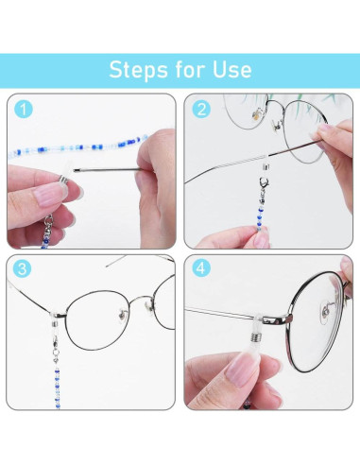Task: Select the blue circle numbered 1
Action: click(x=23, y=110)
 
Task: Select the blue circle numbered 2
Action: click(x=201, y=110)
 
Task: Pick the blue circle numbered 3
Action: click(x=23, y=267)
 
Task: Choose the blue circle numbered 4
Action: click(x=201, y=267)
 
